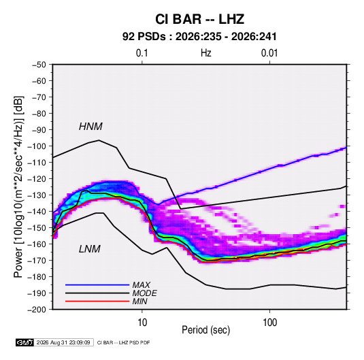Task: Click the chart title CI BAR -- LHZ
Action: click(x=199, y=19)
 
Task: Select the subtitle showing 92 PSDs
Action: click(x=199, y=37)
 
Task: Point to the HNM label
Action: click(x=90, y=127)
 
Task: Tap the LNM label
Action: click(x=90, y=249)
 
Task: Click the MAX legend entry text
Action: click(x=142, y=285)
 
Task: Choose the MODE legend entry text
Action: click(x=145, y=293)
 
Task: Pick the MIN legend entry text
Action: click(x=139, y=301)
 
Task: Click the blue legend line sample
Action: click(x=97, y=284)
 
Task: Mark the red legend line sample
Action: click(x=97, y=301)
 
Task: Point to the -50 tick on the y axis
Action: click(x=39, y=65)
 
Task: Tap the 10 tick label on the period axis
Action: click(x=142, y=323)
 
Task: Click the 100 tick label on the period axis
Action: click(x=269, y=323)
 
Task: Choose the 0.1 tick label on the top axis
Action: click(x=142, y=53)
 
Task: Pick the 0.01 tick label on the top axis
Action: click(x=269, y=53)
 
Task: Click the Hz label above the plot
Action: click(x=206, y=53)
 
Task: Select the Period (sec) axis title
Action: click(x=206, y=330)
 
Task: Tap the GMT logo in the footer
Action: click(x=24, y=342)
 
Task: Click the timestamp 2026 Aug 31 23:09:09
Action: click(x=63, y=342)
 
